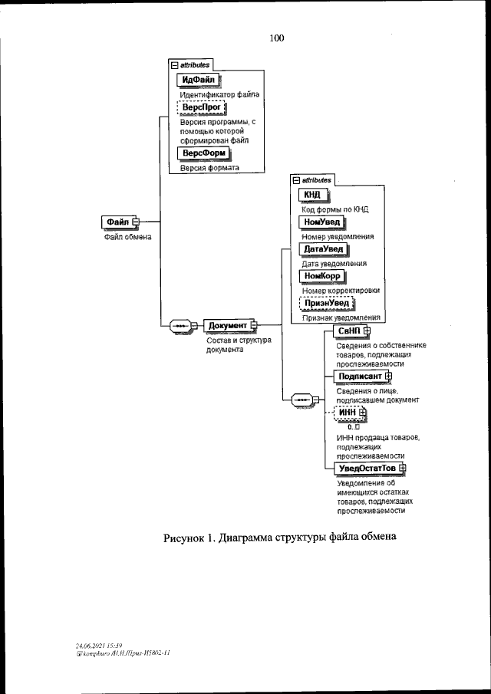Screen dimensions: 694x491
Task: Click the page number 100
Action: [x=277, y=38]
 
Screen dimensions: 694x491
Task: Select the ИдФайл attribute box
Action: [x=197, y=80]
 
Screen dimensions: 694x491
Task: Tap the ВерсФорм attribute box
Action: [x=203, y=153]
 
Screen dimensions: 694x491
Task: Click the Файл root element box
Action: [x=117, y=222]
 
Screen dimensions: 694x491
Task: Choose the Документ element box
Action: [x=229, y=325]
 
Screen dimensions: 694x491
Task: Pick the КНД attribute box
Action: [x=312, y=194]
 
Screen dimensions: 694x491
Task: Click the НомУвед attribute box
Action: [x=321, y=222]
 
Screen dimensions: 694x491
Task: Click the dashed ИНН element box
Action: [x=348, y=413]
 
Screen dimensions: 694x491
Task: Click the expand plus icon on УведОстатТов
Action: [x=402, y=468]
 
